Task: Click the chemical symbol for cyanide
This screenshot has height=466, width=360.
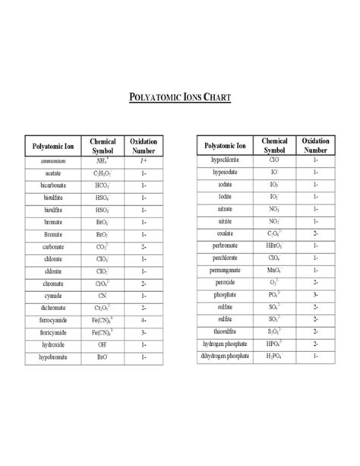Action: click(102, 296)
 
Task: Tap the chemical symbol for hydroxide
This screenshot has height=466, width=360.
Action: click(102, 344)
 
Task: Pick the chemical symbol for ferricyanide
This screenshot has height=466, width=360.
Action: click(102, 332)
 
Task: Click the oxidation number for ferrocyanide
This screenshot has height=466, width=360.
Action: click(143, 320)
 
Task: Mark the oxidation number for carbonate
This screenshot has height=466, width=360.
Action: click(143, 247)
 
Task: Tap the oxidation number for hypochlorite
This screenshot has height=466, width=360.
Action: click(315, 161)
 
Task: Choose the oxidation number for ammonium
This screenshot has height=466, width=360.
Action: click(143, 162)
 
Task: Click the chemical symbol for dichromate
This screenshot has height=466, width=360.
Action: click(102, 308)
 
